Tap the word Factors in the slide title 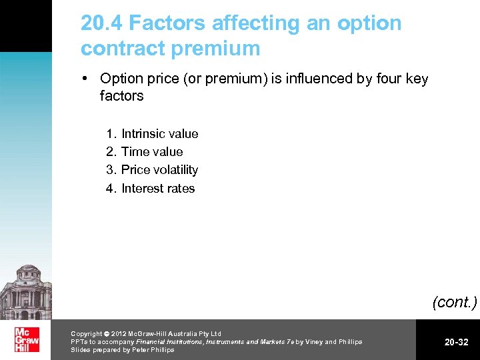point(167,23)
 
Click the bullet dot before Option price point(86,79)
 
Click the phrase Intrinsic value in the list point(159,133)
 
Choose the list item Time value point(152,151)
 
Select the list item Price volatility point(159,169)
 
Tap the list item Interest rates point(158,188)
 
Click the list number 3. point(111,169)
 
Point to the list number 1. point(111,133)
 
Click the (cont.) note point(455,302)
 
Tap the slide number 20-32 point(457,342)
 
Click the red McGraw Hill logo point(27,340)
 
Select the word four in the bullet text point(387,79)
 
